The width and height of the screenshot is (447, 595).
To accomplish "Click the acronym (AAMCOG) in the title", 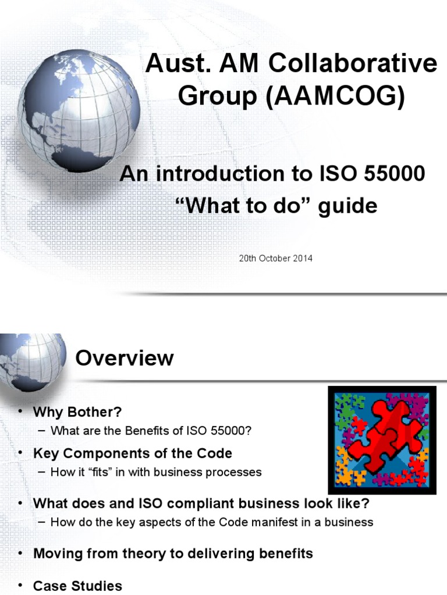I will tap(331, 96).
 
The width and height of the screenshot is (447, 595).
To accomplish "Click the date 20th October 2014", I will tap(275, 258).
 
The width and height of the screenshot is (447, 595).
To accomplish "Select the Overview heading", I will tap(125, 358).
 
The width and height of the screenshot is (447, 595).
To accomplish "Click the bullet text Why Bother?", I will tap(77, 412).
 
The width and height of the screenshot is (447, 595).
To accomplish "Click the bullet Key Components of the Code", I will tap(132, 453).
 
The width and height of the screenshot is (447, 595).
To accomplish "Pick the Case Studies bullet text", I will tap(77, 585).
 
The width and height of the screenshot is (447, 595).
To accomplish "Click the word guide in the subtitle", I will tap(349, 206).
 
